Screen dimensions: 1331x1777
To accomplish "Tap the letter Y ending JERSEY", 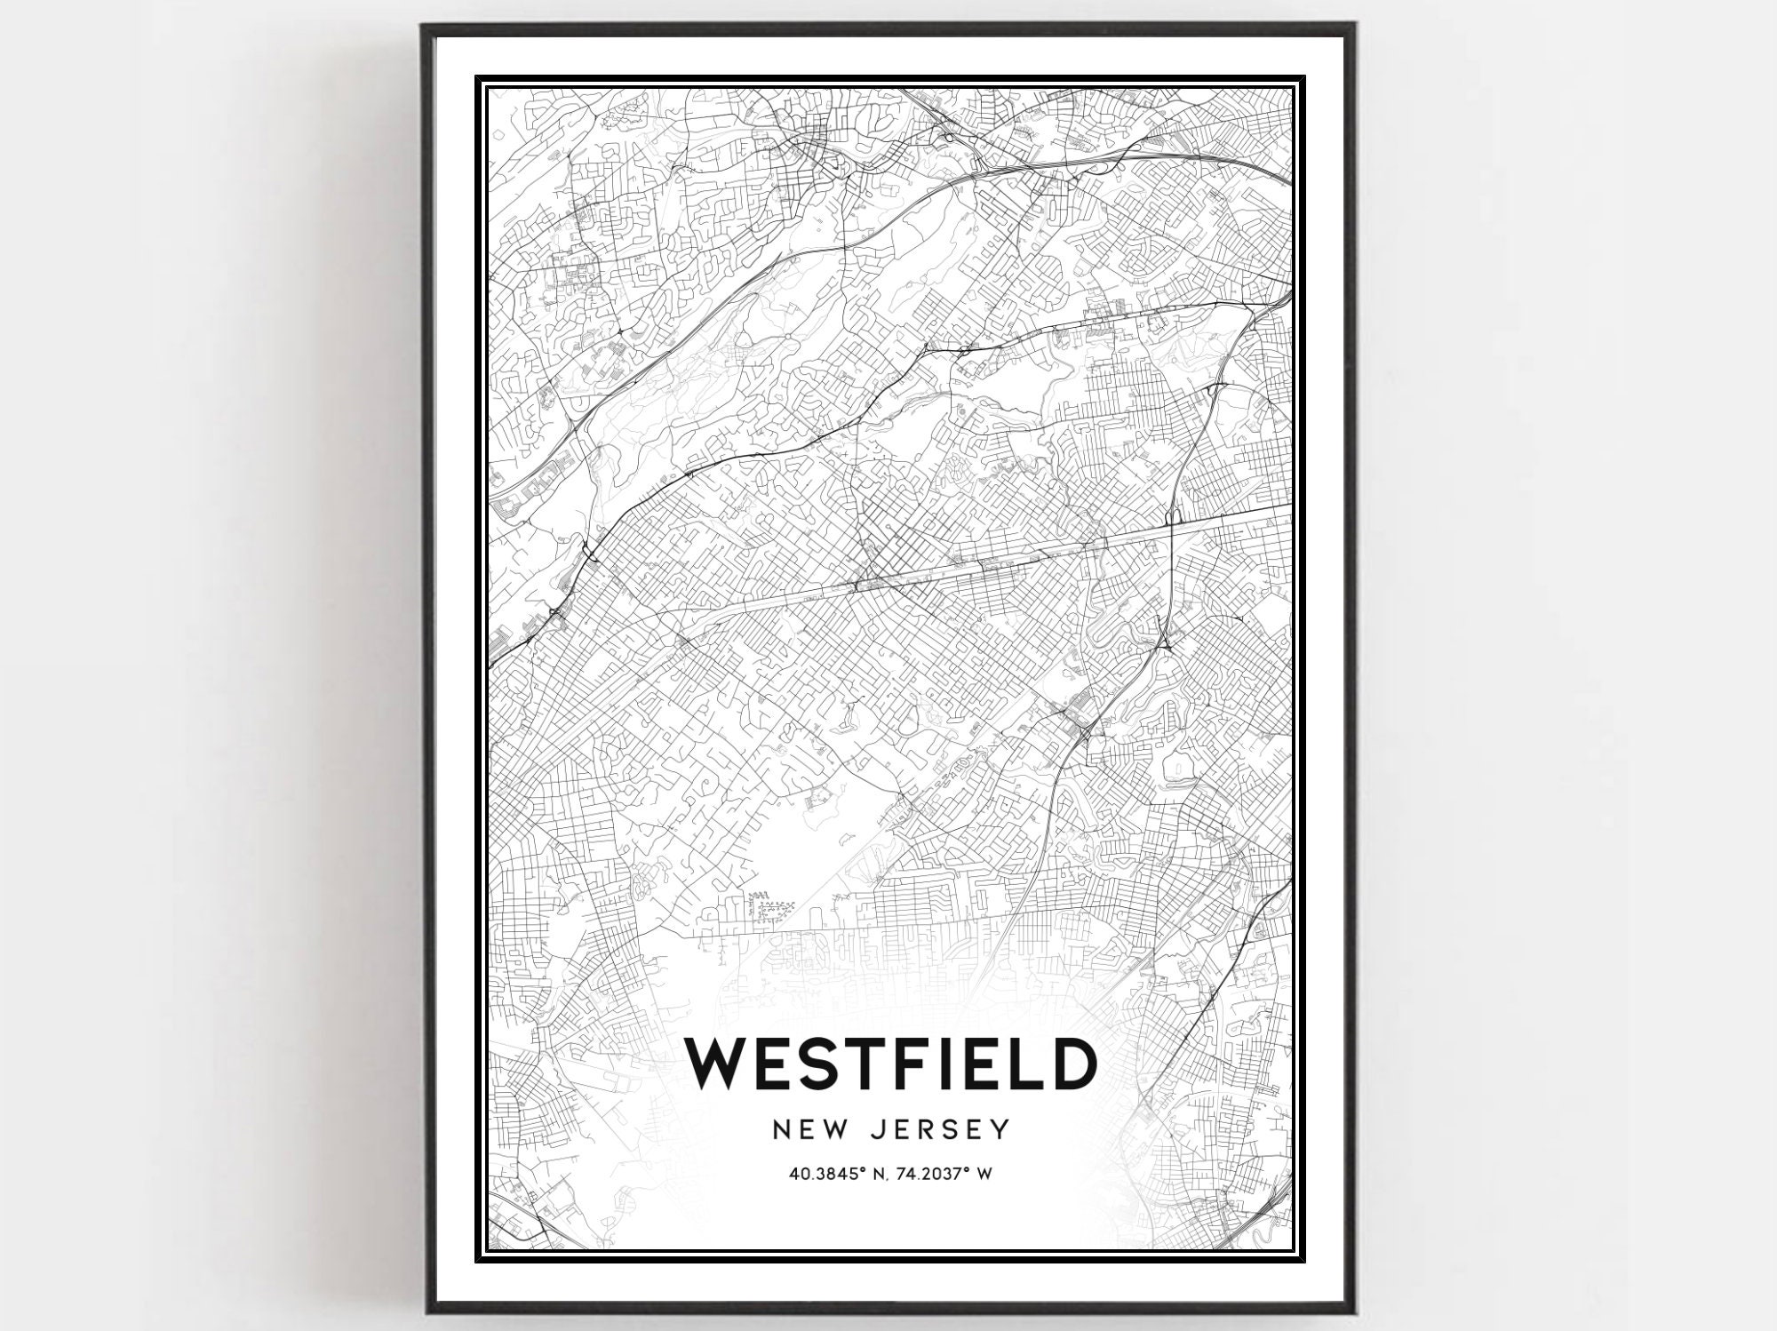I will (1002, 1129).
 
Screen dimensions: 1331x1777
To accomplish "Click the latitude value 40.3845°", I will (825, 1174).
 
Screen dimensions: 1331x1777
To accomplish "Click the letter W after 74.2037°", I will (984, 1174).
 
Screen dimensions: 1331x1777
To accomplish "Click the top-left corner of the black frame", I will (423, 24).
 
